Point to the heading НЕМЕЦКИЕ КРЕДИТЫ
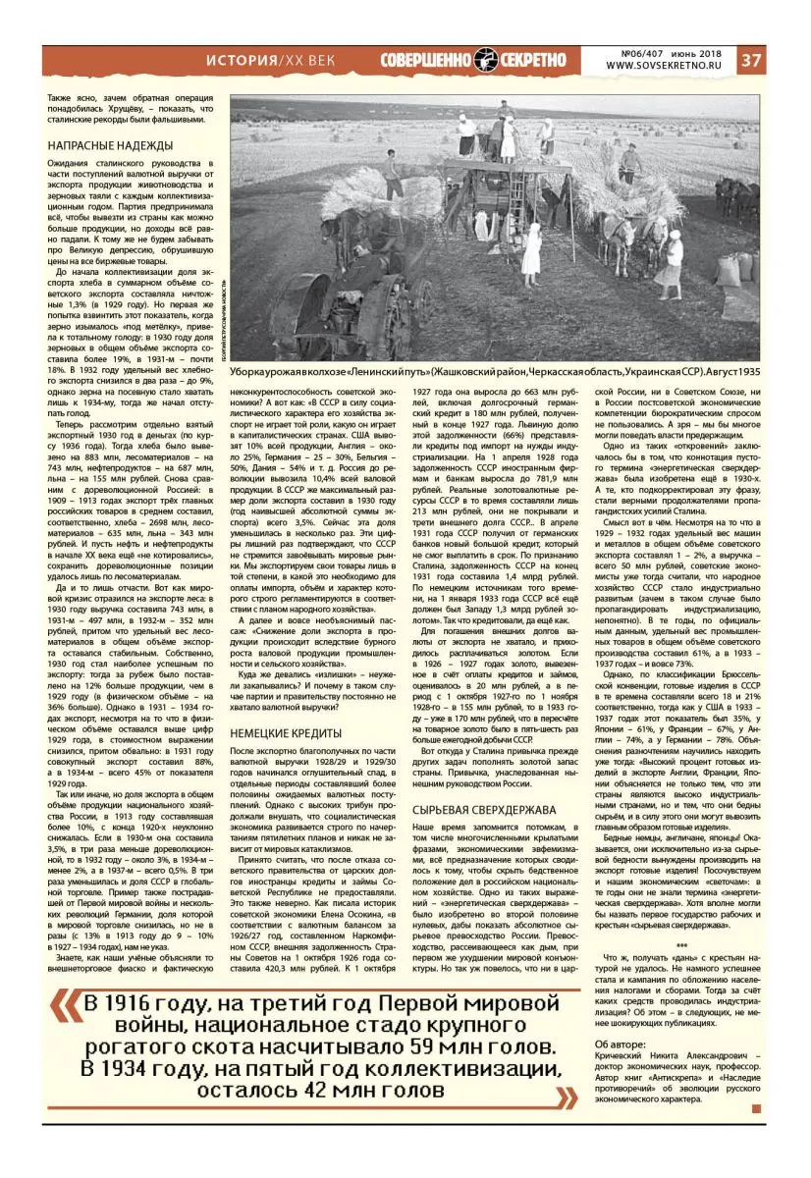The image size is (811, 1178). coord(285,705)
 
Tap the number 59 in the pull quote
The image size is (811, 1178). coord(409,1043)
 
